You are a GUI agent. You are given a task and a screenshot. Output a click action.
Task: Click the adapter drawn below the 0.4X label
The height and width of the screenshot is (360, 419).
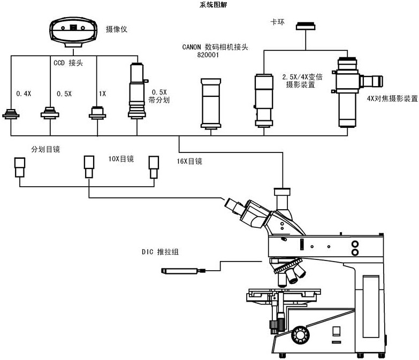point(11,114)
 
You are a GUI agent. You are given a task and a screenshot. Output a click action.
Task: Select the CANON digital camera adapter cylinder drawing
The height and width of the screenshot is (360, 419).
point(210,103)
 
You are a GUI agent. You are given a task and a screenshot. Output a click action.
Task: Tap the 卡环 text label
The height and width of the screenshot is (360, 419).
point(277,22)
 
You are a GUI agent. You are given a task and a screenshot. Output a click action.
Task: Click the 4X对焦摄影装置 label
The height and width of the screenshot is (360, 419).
point(392,98)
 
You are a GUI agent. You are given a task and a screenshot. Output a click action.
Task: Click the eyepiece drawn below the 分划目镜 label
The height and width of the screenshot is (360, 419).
point(20,167)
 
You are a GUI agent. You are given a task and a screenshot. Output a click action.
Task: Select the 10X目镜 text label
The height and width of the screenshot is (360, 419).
point(120,159)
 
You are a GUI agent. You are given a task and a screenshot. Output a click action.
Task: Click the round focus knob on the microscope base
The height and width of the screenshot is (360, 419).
point(299,335)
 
